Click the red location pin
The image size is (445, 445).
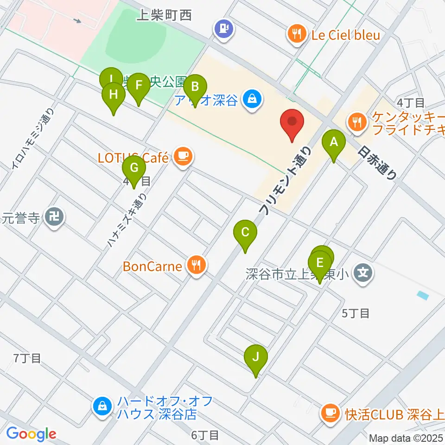[292, 122]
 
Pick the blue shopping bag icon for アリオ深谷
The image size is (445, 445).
[253, 99]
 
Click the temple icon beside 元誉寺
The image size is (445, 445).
[55, 216]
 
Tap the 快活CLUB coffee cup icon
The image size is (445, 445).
[330, 412]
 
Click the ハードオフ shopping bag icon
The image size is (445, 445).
[102, 407]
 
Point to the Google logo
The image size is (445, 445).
[31, 434]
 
